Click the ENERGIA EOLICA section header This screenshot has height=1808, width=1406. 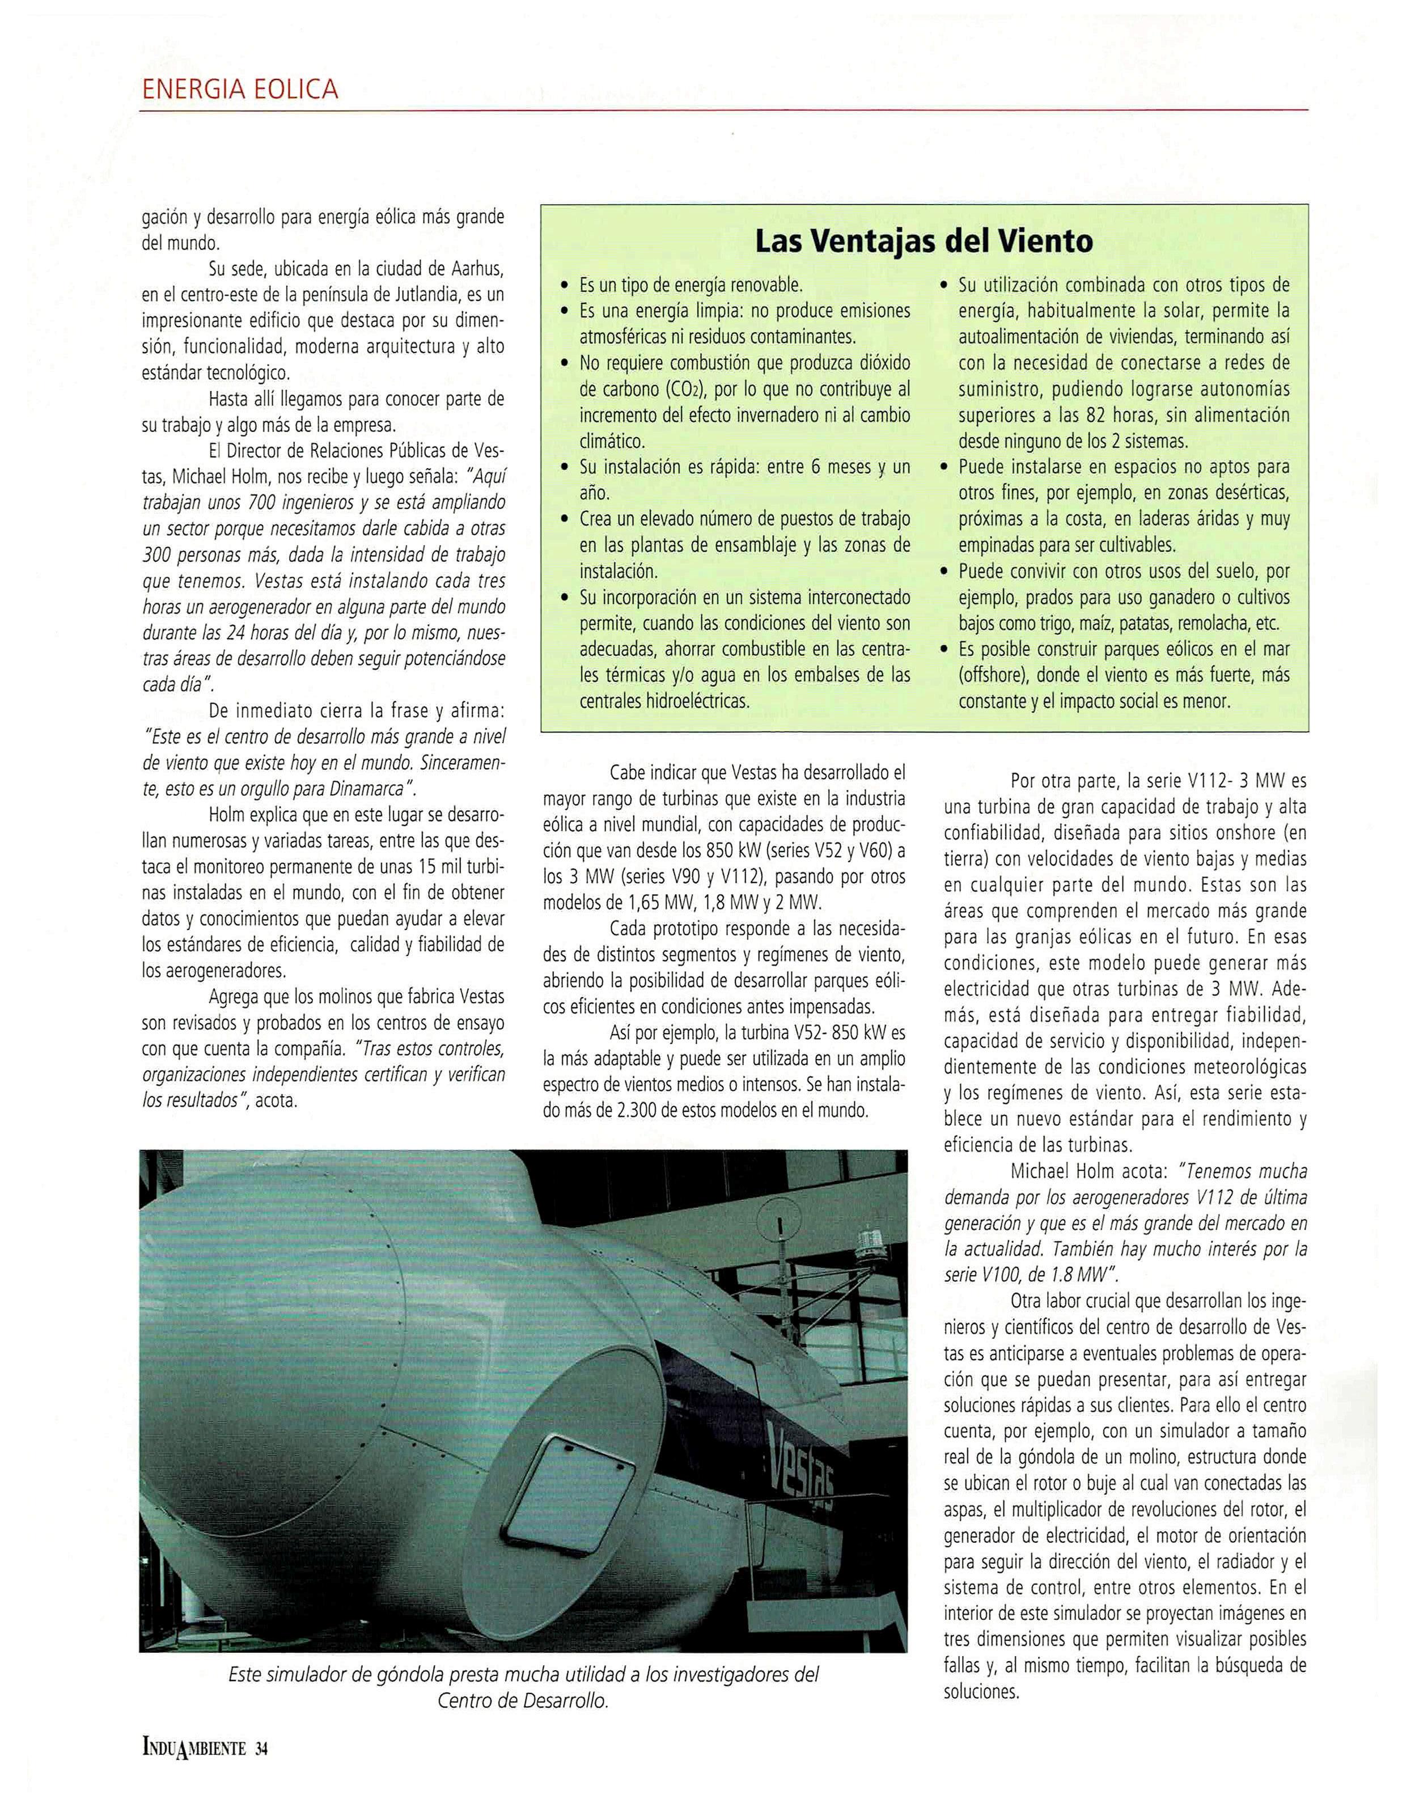(240, 88)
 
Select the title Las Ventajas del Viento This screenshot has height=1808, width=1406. (924, 242)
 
